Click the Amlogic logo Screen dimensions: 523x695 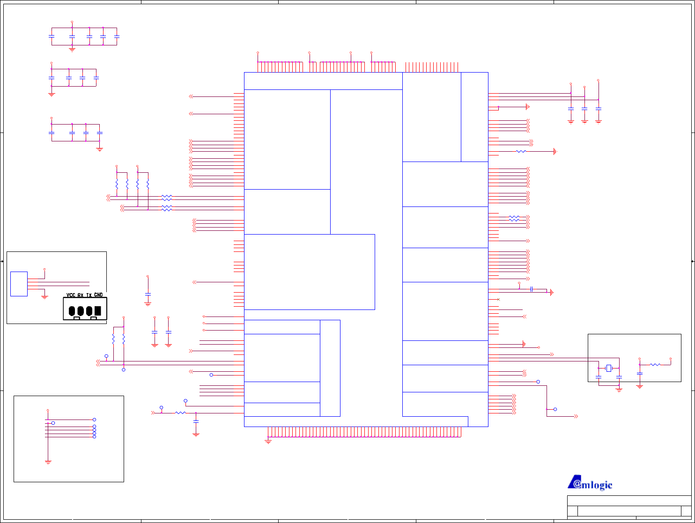click(x=590, y=483)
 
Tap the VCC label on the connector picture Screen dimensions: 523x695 click(x=71, y=295)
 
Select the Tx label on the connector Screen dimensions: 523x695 click(x=89, y=295)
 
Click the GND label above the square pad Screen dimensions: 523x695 click(x=98, y=295)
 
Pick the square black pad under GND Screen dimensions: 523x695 click(x=97, y=311)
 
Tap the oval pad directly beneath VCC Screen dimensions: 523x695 click(x=72, y=311)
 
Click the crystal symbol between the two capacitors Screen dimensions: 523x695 click(x=608, y=368)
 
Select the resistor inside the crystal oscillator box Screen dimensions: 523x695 click(x=655, y=364)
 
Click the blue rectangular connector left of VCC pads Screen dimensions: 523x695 click(x=19, y=284)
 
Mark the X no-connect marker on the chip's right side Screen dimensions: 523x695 click(x=498, y=299)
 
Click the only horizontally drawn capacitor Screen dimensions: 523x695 click(x=532, y=289)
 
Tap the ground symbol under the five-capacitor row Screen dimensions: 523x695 click(x=72, y=49)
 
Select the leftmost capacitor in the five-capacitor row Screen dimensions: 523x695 click(x=52, y=36)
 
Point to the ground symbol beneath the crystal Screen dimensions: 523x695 click(x=619, y=389)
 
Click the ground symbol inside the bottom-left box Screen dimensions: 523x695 click(x=48, y=462)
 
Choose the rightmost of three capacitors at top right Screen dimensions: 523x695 click(x=599, y=109)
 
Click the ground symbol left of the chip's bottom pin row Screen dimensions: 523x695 click(x=268, y=441)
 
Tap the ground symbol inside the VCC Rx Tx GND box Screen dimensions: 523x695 click(x=44, y=297)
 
